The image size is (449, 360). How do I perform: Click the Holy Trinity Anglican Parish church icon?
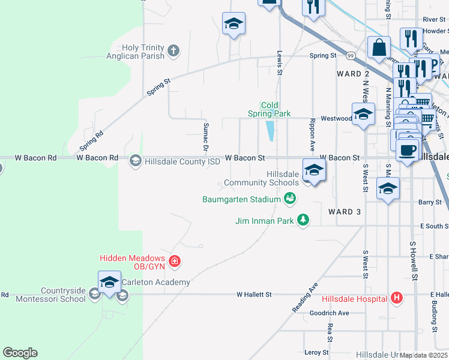tap(173, 50)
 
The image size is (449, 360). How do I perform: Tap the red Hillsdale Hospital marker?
tap(396, 298)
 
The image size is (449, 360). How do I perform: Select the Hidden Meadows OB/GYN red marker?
tap(174, 262)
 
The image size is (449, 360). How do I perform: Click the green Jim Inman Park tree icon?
tap(303, 220)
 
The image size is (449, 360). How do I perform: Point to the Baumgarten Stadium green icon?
tap(290, 198)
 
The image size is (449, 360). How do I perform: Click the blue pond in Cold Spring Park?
tap(270, 130)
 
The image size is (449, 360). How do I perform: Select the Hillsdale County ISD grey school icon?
tap(135, 160)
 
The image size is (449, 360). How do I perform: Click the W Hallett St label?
tap(255, 295)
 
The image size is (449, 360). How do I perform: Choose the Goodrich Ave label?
tap(329, 313)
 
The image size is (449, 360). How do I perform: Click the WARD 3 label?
tap(345, 212)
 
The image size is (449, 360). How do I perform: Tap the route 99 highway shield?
tap(349, 56)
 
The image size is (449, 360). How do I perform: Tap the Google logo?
tap(20, 353)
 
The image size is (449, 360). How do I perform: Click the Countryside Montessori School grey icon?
tap(94, 293)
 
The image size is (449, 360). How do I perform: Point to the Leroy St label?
tap(317, 352)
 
